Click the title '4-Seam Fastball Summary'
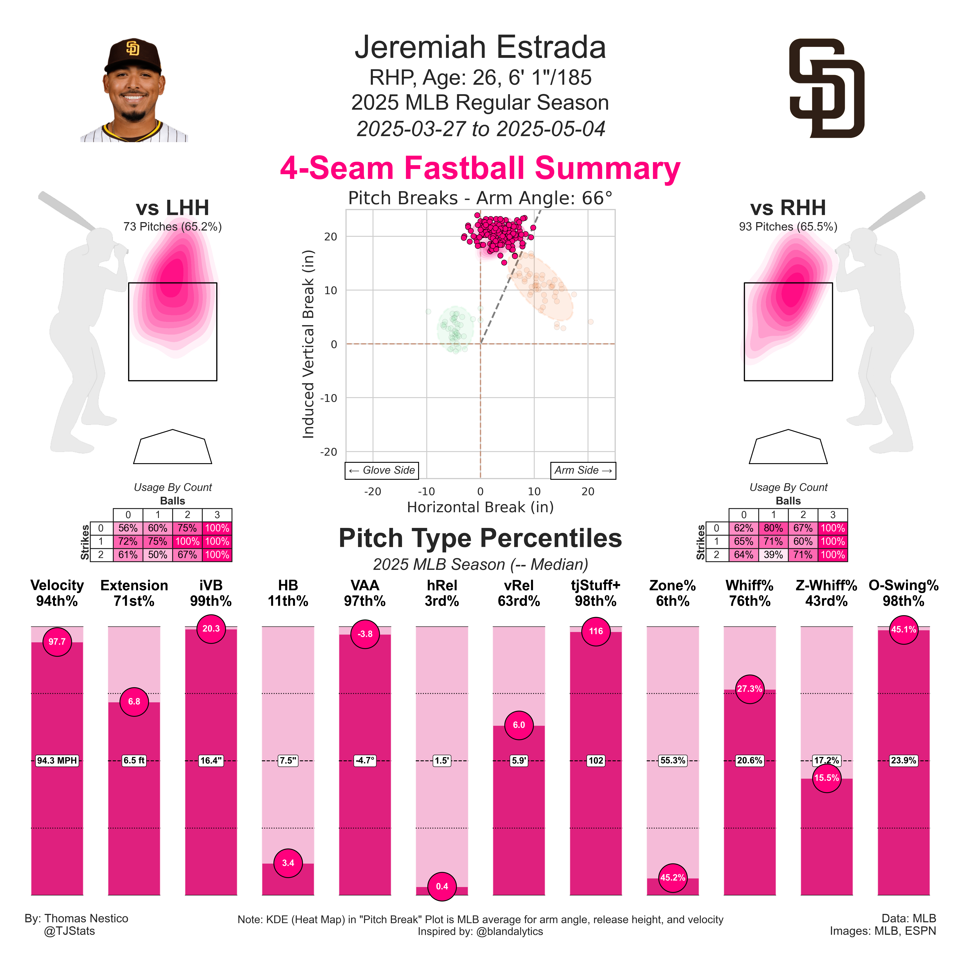pos(480,168)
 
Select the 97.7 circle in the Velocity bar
pos(57,642)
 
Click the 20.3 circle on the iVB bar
pos(211,629)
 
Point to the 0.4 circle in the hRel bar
pos(442,886)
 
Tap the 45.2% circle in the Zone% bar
pos(672,877)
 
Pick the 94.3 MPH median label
pos(57,761)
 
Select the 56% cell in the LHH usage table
pos(128,528)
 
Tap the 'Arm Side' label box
pos(583,470)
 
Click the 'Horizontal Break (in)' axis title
pos(480,507)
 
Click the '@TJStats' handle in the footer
pos(70,931)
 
